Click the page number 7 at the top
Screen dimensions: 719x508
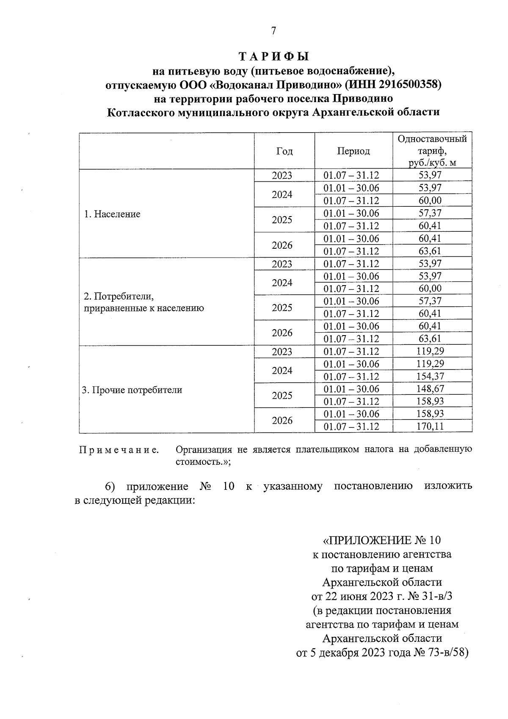(273, 31)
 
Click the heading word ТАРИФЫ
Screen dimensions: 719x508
(273, 56)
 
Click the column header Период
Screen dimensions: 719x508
(353, 151)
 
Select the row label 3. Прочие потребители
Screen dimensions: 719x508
(132, 390)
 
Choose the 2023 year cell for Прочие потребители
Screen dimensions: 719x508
(282, 352)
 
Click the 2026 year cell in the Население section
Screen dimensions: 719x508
(282, 245)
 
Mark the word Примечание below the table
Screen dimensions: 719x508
(119, 450)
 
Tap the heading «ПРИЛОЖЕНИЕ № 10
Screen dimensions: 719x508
(382, 540)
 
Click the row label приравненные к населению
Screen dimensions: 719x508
(144, 308)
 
